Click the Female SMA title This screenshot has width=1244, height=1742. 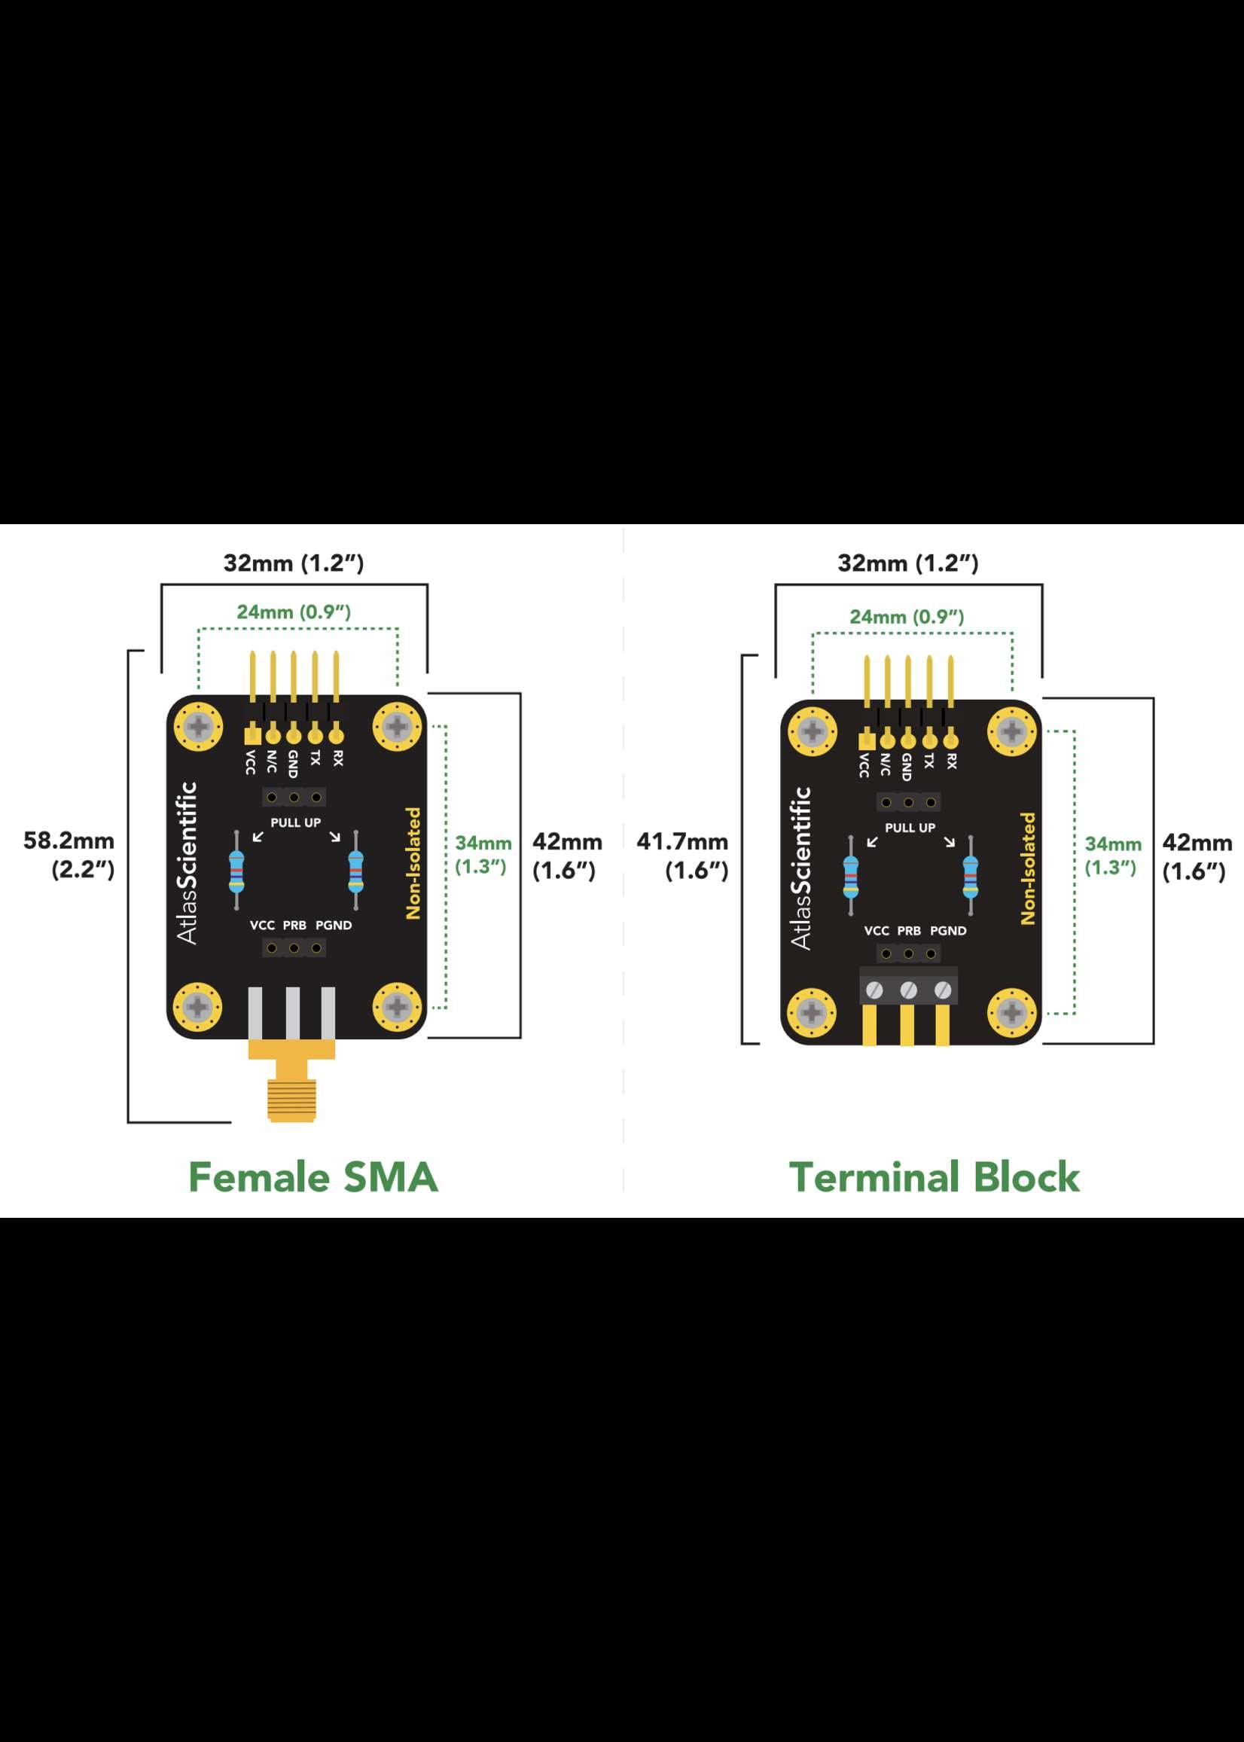(x=313, y=1177)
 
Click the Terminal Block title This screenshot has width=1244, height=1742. (x=934, y=1177)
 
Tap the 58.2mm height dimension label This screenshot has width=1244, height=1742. (x=69, y=854)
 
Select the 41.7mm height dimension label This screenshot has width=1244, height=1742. (x=682, y=855)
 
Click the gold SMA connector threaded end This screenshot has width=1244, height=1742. (x=292, y=1099)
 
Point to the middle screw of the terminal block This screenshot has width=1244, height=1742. (x=908, y=990)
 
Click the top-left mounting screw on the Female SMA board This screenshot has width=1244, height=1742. (x=198, y=726)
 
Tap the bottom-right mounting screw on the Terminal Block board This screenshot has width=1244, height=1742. (x=1012, y=1014)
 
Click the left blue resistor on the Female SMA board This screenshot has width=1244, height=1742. (x=236, y=871)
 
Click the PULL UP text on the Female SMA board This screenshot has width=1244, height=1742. (x=296, y=822)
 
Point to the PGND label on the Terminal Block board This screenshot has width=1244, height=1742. (x=948, y=931)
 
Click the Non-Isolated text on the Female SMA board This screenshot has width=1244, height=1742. (x=413, y=863)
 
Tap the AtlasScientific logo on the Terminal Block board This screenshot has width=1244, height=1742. (x=801, y=868)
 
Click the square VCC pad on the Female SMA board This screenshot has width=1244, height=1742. (x=252, y=735)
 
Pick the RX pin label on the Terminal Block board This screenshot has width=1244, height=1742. (x=951, y=761)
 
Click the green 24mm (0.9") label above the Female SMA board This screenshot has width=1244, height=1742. (x=294, y=612)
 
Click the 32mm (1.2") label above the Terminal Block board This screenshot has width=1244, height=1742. (x=907, y=564)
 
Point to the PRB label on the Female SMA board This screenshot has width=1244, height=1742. (x=295, y=926)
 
